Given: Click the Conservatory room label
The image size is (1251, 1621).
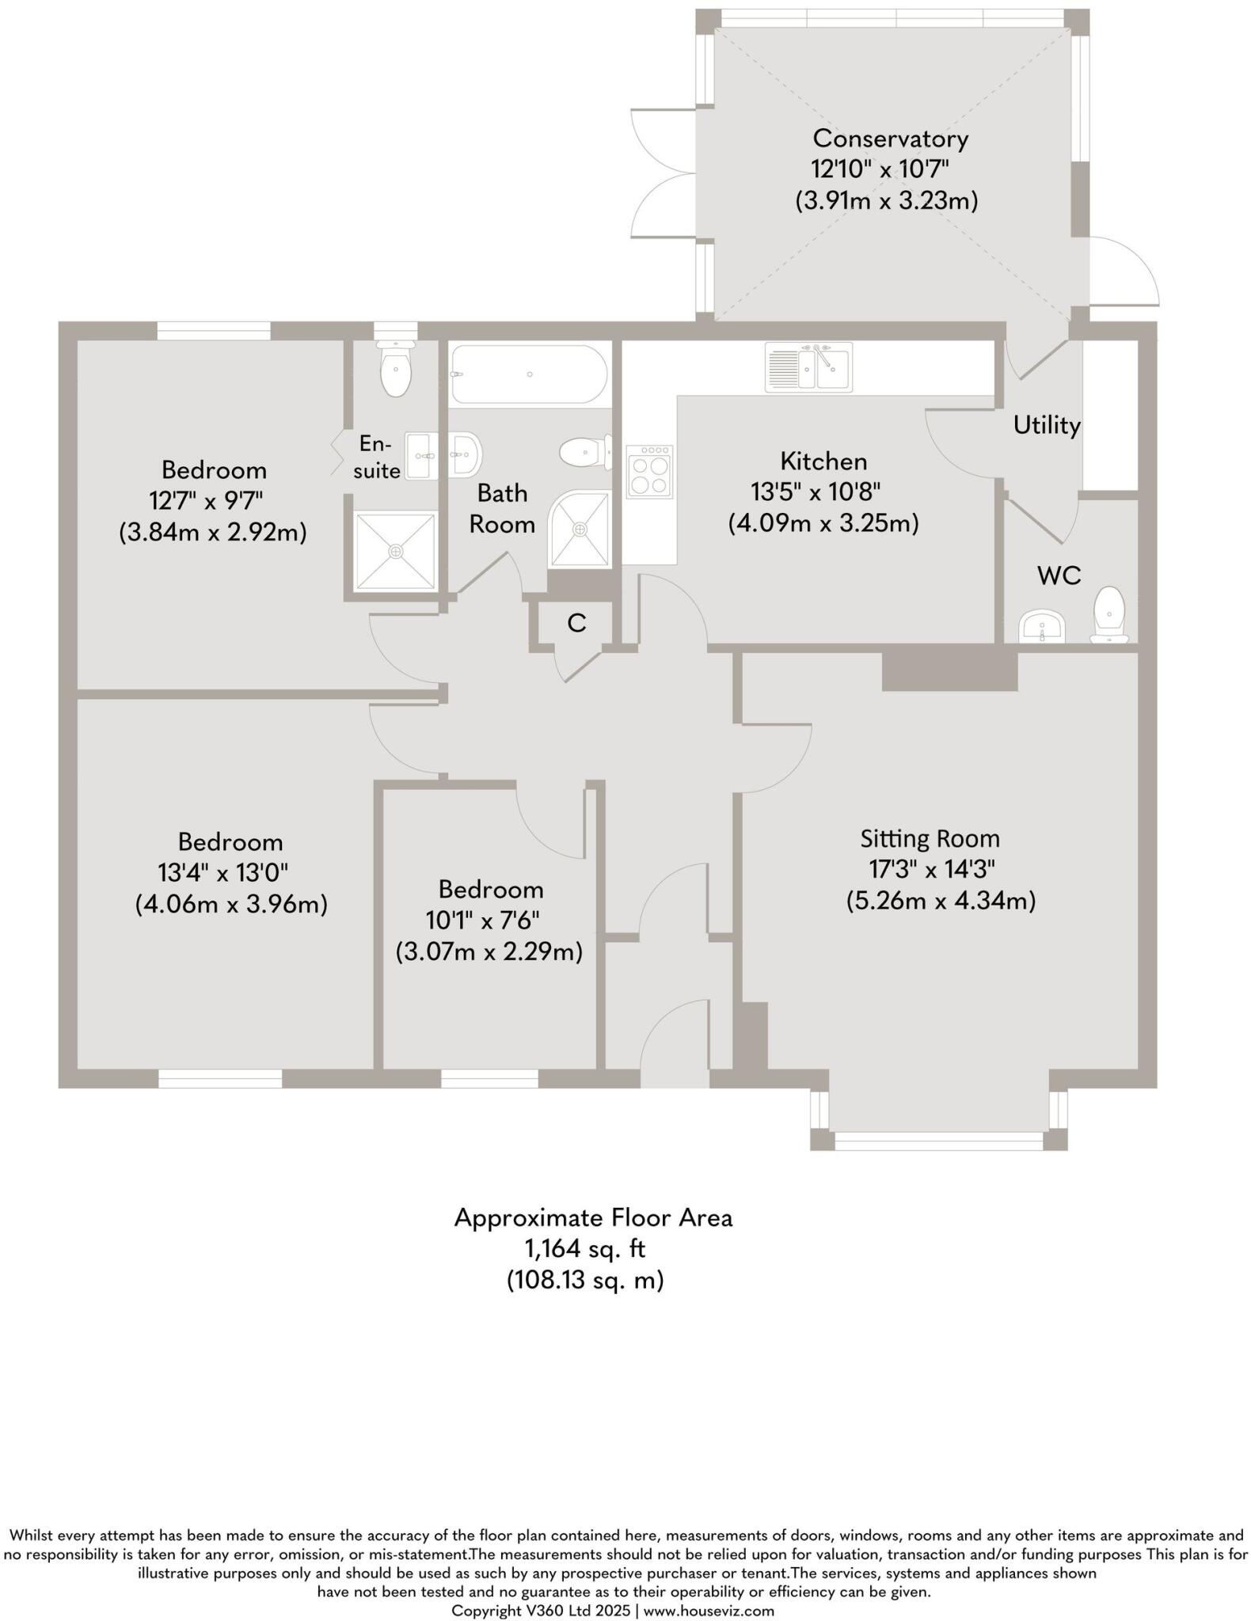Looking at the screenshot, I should tap(890, 139).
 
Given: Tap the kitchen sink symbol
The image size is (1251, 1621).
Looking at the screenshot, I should tap(808, 367).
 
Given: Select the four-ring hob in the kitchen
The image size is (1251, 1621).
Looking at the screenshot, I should tap(649, 472).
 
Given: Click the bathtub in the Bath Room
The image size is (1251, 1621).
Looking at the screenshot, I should tap(529, 374).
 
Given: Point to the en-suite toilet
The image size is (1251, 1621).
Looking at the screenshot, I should tap(395, 370).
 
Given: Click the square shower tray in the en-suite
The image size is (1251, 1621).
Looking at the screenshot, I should tap(395, 551).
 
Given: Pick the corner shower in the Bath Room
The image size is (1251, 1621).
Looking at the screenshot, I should tap(580, 529).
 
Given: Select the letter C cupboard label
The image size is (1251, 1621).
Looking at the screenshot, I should tap(576, 624).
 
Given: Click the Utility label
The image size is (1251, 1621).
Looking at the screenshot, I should tap(1047, 426).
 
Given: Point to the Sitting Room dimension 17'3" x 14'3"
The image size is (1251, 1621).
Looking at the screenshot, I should tap(931, 869).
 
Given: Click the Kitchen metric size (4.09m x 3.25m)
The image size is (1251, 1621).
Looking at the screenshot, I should tap(823, 523).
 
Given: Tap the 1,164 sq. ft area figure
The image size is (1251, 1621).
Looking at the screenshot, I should tap(584, 1249).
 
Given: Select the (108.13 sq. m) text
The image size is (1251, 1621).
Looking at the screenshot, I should tap(585, 1280).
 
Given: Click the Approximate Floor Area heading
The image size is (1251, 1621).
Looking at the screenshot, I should tap(593, 1217).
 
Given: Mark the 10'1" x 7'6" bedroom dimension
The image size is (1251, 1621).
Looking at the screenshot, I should tap(491, 921).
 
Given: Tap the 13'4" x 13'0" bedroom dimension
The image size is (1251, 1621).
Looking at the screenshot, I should tap(222, 872).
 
